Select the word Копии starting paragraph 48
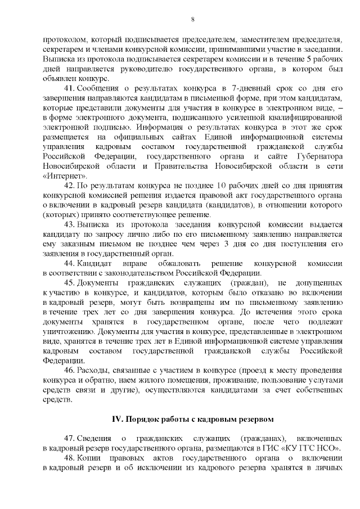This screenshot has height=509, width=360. click(x=89, y=458)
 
